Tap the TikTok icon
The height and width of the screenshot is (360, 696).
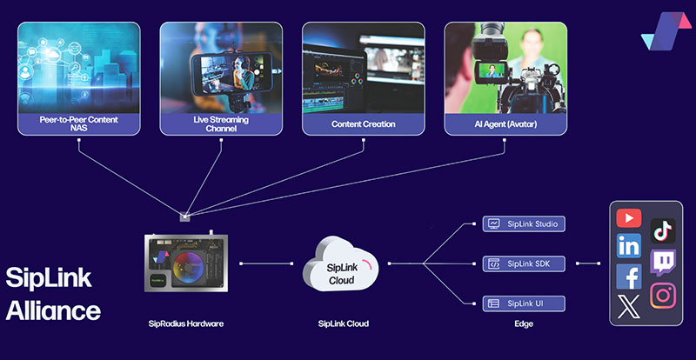(663, 230)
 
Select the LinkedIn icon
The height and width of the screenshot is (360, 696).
(628, 246)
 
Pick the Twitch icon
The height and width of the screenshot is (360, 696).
(663, 263)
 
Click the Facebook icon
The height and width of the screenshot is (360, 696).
(628, 277)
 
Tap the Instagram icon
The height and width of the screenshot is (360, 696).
(663, 295)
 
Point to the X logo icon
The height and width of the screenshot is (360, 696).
(628, 306)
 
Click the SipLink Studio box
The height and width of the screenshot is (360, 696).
(525, 224)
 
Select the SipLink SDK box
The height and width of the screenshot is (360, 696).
(525, 263)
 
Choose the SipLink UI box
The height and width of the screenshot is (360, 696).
(525, 303)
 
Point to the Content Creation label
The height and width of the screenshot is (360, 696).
(364, 124)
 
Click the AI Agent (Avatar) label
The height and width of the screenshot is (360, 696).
(505, 124)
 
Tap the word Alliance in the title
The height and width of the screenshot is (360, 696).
(53, 310)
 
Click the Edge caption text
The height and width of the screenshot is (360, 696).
(523, 324)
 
